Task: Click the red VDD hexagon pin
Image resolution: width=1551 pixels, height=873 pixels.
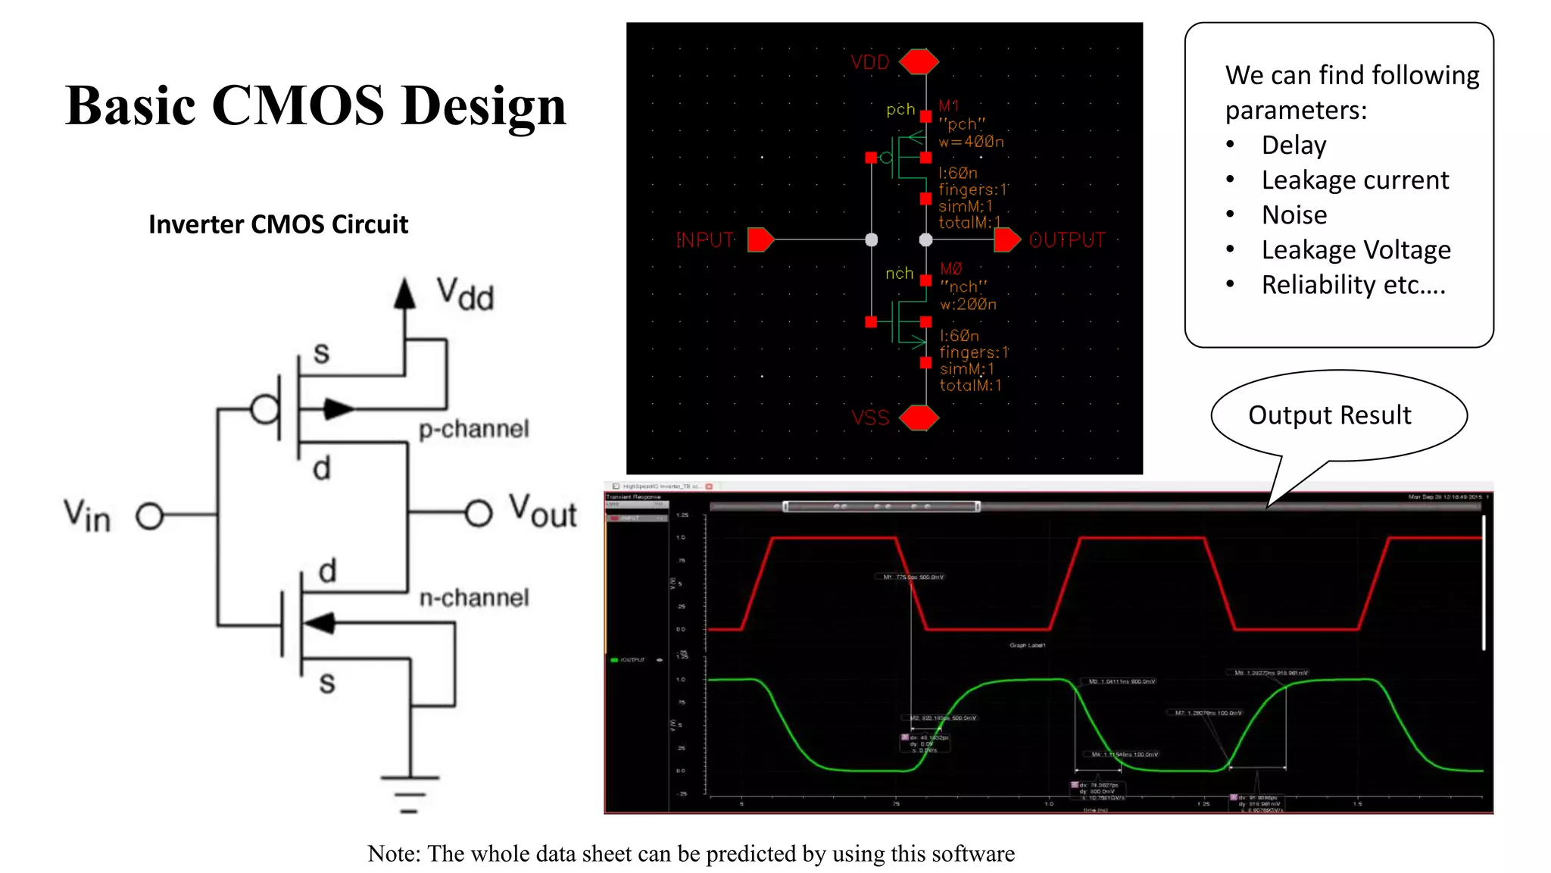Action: [919, 61]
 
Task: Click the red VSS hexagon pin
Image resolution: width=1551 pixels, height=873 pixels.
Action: [919, 418]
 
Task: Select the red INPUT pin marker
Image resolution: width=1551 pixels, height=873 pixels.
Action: [760, 239]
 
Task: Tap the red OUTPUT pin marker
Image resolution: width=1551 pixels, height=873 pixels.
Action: [1007, 239]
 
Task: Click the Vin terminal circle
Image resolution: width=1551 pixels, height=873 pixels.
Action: [150, 516]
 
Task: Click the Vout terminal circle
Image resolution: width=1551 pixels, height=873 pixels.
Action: [479, 513]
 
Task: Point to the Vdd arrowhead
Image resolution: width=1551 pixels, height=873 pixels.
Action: [405, 293]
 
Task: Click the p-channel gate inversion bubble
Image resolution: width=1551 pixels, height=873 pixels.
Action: [264, 410]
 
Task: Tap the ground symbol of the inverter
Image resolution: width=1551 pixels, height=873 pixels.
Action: [410, 793]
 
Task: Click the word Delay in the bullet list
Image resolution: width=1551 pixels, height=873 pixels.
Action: [1294, 145]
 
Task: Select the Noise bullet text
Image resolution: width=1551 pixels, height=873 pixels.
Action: [1294, 215]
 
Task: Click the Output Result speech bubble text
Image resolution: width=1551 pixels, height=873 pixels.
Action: [1329, 415]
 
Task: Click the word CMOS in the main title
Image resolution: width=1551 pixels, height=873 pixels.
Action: [298, 105]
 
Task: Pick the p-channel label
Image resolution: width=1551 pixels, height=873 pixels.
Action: [474, 429]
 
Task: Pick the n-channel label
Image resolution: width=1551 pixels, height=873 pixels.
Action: [474, 598]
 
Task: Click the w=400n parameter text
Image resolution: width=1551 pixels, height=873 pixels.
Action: [971, 142]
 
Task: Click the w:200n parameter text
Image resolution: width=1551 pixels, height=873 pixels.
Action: [968, 304]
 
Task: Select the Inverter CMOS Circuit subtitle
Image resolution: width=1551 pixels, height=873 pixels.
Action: [278, 224]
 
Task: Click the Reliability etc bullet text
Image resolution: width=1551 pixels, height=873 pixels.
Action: [1353, 285]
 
